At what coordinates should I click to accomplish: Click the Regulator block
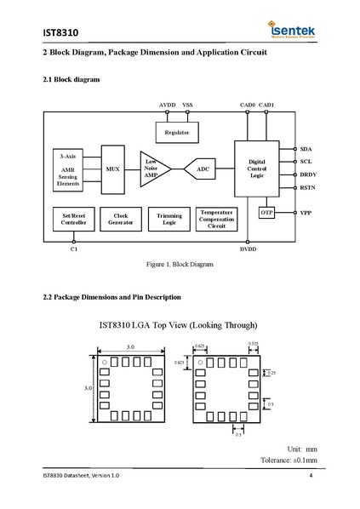point(176,134)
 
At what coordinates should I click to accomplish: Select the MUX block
point(112,169)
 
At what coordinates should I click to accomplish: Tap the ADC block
point(203,169)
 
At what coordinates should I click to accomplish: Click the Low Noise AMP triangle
point(154,169)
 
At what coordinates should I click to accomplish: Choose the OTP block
point(267,212)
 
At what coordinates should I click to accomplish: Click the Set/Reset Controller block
point(69,219)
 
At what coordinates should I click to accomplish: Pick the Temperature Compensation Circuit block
point(216,219)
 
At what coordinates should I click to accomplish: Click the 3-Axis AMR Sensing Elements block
point(68,169)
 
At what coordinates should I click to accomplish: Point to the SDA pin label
point(306,148)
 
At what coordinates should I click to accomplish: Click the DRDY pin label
point(308,174)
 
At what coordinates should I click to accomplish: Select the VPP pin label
point(306,211)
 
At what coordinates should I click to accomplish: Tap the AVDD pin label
point(168,104)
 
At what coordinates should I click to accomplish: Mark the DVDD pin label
point(248,249)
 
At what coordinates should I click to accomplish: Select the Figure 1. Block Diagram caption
point(180,265)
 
